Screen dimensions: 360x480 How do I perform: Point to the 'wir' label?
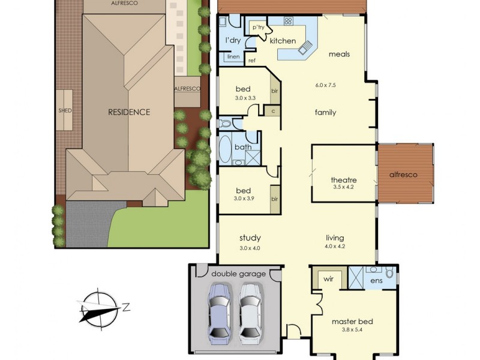[329, 279]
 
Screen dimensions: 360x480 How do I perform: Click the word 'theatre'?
[344, 179]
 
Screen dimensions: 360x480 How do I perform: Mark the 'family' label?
[325, 112]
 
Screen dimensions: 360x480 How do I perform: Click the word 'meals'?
[339, 54]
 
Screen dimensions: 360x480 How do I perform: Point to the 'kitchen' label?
[283, 41]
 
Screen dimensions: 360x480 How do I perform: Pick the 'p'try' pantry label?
[258, 27]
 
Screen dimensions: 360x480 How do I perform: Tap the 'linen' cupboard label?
[233, 57]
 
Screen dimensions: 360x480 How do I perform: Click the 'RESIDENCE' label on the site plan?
[129, 112]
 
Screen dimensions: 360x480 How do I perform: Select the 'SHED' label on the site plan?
[65, 110]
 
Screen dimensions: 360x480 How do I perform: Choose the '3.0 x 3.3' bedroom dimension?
[245, 97]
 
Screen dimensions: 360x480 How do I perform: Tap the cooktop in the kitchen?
[287, 21]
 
